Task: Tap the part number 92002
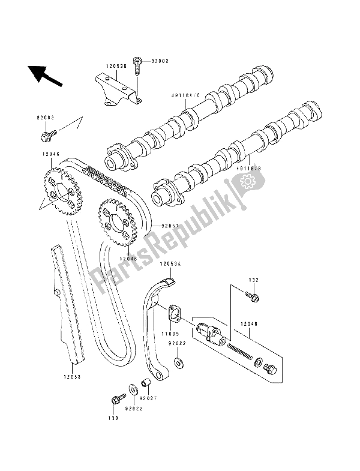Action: (x=161, y=61)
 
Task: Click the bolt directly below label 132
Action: (x=253, y=296)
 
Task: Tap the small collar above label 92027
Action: (x=145, y=383)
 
